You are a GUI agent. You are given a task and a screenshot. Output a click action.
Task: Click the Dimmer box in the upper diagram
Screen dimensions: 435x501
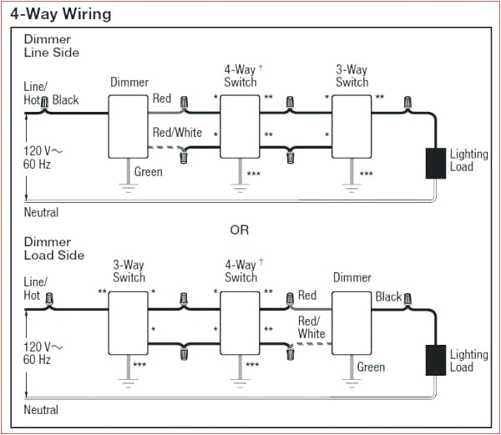pyautogui.click(x=129, y=124)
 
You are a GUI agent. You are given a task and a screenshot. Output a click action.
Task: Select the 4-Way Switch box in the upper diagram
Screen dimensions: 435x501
pyautogui.click(x=240, y=124)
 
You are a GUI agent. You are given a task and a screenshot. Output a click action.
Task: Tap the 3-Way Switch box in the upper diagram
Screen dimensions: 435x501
pyautogui.click(x=352, y=124)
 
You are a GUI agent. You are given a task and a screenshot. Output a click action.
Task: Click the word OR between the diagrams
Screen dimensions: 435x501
pyautogui.click(x=240, y=230)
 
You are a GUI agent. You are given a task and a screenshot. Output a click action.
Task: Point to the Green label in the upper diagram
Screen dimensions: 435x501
pyautogui.click(x=148, y=172)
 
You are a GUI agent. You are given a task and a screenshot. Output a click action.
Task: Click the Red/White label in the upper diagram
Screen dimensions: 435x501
pyautogui.click(x=177, y=133)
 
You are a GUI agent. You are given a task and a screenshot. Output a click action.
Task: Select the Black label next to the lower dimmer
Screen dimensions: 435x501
pyautogui.click(x=388, y=296)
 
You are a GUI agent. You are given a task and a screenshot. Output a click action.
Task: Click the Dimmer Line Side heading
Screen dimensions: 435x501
pyautogui.click(x=51, y=46)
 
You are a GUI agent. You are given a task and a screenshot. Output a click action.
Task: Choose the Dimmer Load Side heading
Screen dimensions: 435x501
pyautogui.click(x=53, y=248)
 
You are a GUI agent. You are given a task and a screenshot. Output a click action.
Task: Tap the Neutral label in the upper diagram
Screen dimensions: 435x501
pyautogui.click(x=41, y=212)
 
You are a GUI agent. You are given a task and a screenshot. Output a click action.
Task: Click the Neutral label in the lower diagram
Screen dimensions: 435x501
pyautogui.click(x=41, y=410)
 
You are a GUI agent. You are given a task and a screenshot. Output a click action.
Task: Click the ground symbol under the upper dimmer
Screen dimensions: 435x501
pyautogui.click(x=129, y=188)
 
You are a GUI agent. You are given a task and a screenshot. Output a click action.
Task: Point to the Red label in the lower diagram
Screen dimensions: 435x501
pyautogui.click(x=307, y=295)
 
